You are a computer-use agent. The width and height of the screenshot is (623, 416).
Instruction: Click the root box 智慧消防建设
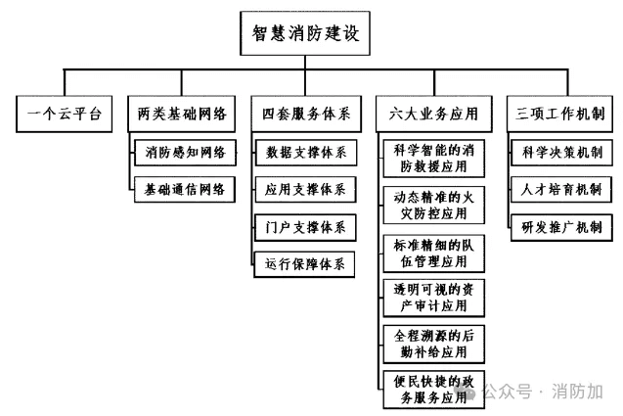305,33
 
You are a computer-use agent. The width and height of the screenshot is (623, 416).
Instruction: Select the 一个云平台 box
64,114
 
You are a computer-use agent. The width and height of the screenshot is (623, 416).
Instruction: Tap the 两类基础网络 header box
182,114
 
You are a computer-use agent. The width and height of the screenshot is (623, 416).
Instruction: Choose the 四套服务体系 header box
306,114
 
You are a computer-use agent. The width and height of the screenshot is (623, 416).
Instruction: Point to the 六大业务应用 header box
434,114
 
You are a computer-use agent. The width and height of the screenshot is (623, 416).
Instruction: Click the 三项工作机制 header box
559,114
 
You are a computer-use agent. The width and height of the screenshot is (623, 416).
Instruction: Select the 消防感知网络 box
185,153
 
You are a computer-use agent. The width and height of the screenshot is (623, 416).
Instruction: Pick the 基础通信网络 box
185,189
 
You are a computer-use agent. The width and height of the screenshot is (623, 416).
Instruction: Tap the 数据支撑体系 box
306,153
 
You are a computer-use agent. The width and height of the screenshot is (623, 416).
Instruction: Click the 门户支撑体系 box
305,227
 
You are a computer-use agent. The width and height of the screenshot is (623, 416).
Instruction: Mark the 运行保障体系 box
304,264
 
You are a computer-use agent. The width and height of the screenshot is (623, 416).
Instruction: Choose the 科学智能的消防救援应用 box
434,159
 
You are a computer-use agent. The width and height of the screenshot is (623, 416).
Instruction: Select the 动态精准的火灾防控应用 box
434,206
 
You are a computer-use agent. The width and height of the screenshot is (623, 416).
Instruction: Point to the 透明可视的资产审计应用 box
434,298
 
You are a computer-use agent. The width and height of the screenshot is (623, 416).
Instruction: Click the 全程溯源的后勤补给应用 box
434,344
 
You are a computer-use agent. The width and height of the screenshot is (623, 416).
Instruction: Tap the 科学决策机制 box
561,153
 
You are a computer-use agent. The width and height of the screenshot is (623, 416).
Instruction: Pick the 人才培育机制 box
561,189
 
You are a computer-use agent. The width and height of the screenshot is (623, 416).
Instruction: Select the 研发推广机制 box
561,227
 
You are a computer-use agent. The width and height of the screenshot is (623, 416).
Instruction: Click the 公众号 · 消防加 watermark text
543,392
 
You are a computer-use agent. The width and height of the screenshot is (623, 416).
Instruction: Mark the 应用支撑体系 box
305,189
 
